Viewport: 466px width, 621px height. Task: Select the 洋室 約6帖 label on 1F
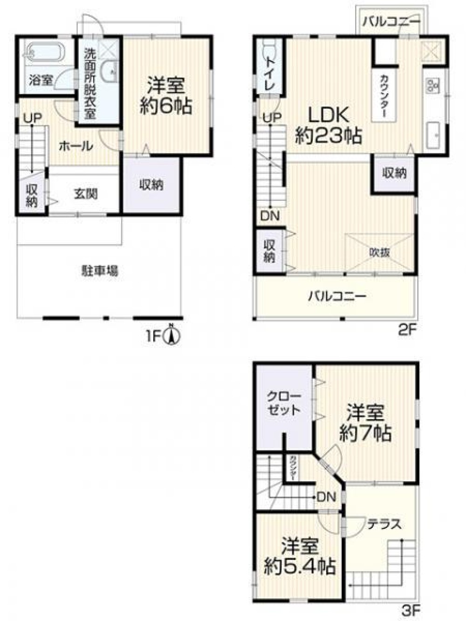coord(166,96)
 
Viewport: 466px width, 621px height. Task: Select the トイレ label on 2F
coord(269,72)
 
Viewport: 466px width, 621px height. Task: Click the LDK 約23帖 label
coord(328,125)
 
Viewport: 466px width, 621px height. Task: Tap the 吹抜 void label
coord(379,252)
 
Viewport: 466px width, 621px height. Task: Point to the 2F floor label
coord(406,330)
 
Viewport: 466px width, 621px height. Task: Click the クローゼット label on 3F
coord(284,403)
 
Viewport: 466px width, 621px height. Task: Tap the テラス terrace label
coord(384,524)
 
